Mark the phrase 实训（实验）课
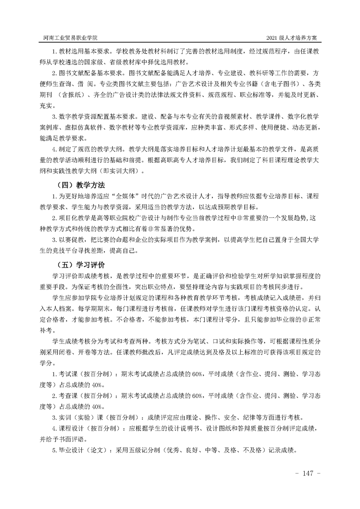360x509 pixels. coord(77,417)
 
